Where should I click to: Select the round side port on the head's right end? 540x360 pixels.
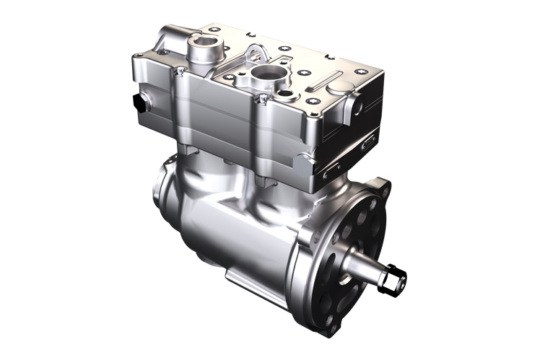355,107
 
